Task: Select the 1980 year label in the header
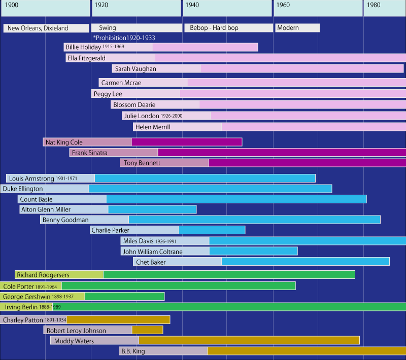[x=374, y=5]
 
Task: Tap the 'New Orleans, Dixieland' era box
[x=45, y=28]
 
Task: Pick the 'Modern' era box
[x=288, y=28]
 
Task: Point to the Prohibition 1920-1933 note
[x=124, y=38]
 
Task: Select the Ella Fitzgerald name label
[x=86, y=58]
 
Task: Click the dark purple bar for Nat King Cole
[x=187, y=142]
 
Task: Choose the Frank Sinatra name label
[x=90, y=152]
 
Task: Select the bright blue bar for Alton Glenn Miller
[x=152, y=209]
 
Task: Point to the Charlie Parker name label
[x=111, y=230]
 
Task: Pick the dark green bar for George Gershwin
[x=125, y=296]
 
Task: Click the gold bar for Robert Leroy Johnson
[x=147, y=330]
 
